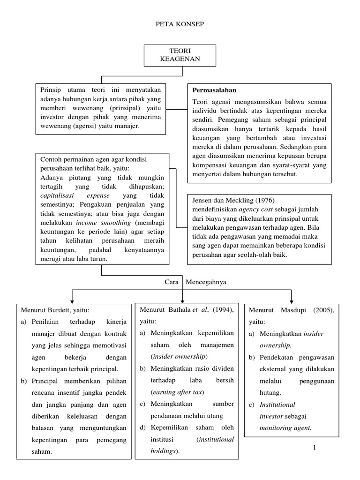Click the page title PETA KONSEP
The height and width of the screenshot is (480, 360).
[180, 24]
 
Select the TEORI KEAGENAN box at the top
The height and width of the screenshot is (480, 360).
[180, 55]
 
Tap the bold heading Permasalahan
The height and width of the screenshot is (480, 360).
[214, 90]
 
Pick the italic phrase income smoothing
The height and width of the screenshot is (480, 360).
[97, 222]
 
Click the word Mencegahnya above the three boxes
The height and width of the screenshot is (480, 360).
[206, 282]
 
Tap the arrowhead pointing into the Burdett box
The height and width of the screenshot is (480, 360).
[72, 300]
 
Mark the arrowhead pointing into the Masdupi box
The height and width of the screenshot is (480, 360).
[292, 300]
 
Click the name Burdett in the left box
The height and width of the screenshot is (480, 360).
[59, 310]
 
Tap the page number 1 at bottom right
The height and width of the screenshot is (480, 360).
[315, 449]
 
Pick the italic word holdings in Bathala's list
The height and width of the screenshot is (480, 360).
[163, 451]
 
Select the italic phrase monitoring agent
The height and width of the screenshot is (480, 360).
[285, 427]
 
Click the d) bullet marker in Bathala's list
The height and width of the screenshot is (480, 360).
[143, 427]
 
